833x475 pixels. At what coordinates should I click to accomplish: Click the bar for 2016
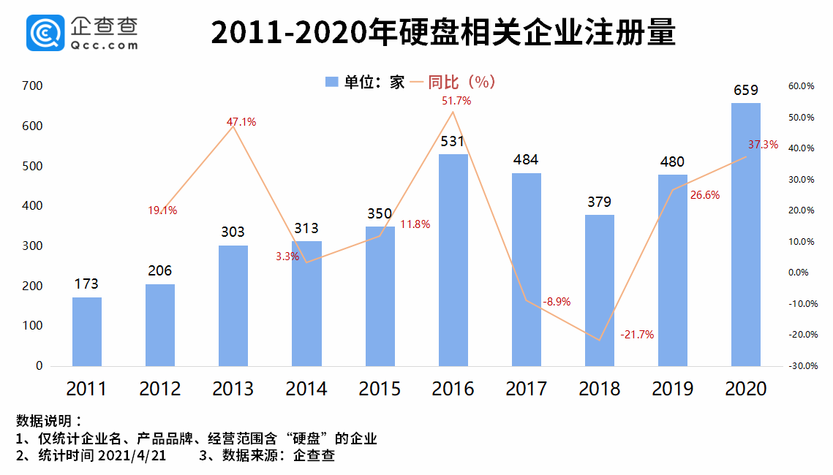tap(453, 259)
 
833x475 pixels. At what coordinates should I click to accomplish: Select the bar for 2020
tap(745, 234)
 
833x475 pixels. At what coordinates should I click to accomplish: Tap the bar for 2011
tap(86, 331)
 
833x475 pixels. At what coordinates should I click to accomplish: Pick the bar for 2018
tap(599, 290)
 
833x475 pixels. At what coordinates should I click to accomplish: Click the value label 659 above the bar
tap(745, 91)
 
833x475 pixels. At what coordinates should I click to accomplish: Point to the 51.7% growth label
tap(456, 101)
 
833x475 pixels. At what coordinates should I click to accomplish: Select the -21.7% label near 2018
tap(636, 335)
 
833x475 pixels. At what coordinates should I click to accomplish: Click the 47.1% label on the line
tap(241, 122)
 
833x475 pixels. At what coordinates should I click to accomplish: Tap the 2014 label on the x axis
tap(306, 389)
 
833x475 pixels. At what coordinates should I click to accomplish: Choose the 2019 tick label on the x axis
tap(672, 389)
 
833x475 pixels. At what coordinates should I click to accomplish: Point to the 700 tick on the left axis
tap(34, 86)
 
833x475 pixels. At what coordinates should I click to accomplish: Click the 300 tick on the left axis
tap(34, 246)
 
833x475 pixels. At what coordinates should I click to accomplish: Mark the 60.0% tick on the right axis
tap(801, 86)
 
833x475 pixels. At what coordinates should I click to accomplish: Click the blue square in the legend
tap(331, 83)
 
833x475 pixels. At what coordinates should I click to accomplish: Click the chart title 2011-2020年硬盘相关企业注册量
tap(443, 33)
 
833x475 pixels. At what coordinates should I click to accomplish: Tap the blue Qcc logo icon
tap(45, 33)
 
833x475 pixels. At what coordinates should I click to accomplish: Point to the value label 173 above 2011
tap(86, 284)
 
